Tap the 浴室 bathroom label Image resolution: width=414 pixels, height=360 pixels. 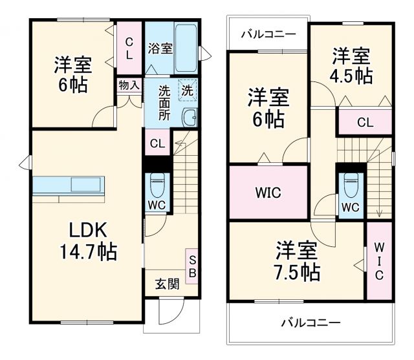tap(160, 48)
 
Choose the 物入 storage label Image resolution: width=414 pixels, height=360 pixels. tap(128, 85)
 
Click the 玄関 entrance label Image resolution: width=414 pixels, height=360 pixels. tap(167, 283)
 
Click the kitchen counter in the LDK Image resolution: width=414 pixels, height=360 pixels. tap(69, 185)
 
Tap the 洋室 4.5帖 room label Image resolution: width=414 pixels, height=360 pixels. tap(352, 65)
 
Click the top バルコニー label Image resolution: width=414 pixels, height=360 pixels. tap(267, 34)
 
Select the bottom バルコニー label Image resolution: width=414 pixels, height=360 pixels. tap(310, 321)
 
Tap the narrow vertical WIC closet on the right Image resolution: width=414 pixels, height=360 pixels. tap(379, 260)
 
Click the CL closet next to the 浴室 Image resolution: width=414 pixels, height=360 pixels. tap(129, 48)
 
